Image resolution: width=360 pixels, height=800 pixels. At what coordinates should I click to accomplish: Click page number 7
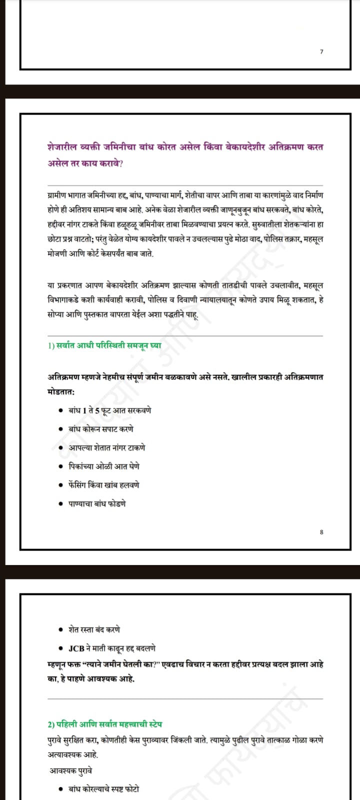point(321,51)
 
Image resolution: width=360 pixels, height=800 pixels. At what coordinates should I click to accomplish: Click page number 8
point(321,532)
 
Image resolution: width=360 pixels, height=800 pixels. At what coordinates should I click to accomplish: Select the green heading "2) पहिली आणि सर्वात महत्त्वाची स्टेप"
point(104,724)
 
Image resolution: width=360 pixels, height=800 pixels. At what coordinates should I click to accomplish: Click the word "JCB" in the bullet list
point(76,648)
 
